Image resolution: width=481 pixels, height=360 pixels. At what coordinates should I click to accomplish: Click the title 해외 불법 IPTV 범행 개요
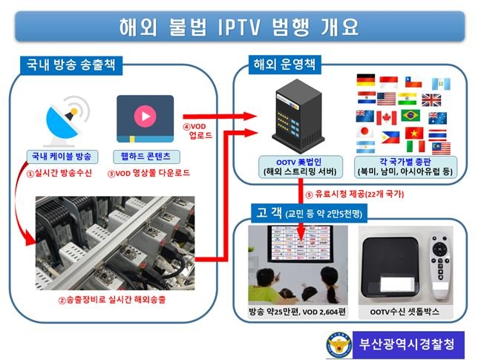pos(239,27)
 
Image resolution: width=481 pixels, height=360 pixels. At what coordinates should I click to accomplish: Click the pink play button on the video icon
pos(145,116)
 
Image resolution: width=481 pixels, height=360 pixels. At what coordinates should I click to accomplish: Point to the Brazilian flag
pos(410,117)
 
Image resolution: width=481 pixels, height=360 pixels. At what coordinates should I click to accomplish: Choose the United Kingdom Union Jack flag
pos(431,99)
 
